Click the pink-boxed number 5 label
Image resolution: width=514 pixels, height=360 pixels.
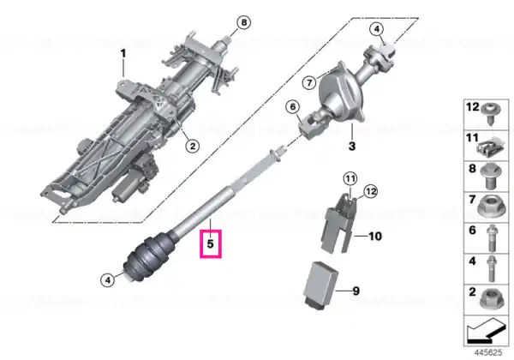211,243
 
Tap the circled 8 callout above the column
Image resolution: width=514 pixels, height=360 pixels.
243,22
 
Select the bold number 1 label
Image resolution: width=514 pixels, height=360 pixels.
123,53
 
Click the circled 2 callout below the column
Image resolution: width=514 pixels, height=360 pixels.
193,146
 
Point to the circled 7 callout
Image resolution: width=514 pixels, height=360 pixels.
309,83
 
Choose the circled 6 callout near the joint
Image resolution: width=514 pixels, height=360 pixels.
293,106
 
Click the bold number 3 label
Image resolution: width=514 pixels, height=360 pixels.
352,146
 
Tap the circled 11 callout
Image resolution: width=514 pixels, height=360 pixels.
350,178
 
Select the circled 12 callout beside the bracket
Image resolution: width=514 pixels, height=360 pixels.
371,191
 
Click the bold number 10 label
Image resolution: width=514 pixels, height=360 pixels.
375,236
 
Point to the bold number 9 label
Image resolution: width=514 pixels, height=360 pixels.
356,291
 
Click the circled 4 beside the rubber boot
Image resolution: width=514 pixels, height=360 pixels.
108,280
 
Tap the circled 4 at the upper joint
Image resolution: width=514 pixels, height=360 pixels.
377,29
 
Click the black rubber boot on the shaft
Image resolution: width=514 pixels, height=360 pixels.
146,257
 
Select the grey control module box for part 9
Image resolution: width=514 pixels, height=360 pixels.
320,285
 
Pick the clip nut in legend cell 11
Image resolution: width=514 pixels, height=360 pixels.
490,147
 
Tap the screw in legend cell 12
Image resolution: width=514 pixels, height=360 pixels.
491,114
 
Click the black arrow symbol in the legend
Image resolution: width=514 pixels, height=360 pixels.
486,331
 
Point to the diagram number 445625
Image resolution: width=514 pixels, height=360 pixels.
488,352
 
